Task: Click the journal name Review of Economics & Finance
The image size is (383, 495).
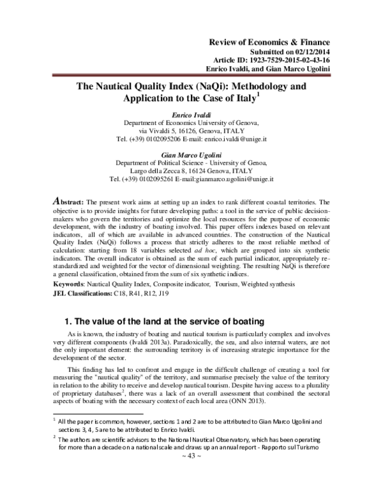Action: (276, 41)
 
